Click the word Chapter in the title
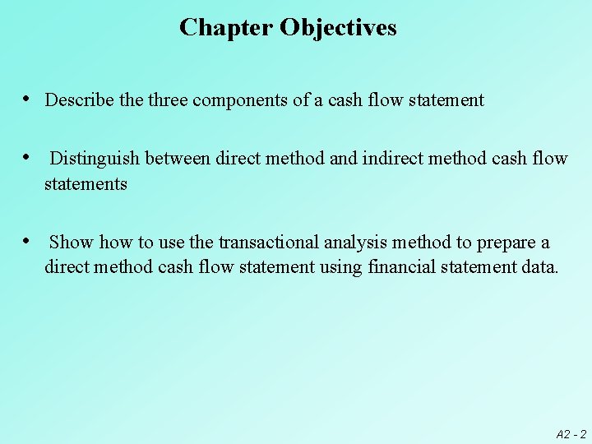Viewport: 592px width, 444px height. pos(226,28)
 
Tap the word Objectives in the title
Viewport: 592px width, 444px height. pos(338,28)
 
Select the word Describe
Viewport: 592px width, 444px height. pos(80,100)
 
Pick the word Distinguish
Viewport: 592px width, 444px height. pos(95,159)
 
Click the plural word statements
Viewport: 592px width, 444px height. pos(86,184)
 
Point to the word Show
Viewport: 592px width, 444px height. pos(71,243)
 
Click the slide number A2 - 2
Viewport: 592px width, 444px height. pos(571,433)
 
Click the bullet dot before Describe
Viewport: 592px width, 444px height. pos(28,99)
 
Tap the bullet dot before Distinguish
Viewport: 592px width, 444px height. pos(28,157)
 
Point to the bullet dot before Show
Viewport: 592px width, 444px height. pos(28,241)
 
